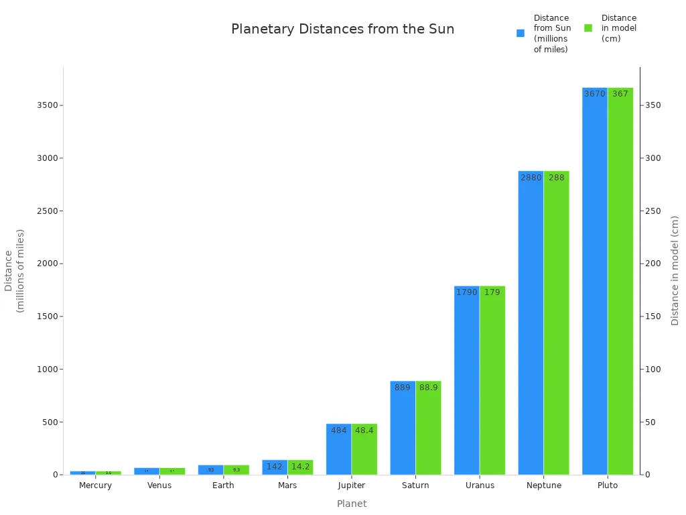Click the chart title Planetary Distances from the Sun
[342, 30]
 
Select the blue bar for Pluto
[594, 282]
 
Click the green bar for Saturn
[428, 428]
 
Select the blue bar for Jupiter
[338, 449]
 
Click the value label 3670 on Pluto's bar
[594, 94]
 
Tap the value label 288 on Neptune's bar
[556, 178]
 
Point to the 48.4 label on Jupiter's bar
[364, 431]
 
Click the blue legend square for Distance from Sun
[521, 33]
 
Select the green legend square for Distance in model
[588, 28]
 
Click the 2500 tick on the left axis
[49, 211]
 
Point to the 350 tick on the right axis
[653, 105]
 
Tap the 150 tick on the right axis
[653, 317]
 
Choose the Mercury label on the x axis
[95, 485]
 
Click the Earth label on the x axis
[223, 485]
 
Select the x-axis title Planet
[352, 504]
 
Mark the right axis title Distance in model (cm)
[675, 270]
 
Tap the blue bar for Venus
[147, 471]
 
